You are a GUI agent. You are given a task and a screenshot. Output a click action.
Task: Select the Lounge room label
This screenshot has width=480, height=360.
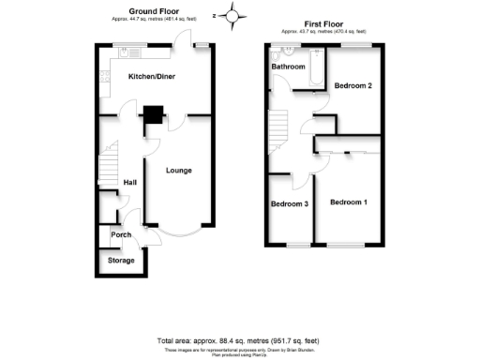click(179, 171)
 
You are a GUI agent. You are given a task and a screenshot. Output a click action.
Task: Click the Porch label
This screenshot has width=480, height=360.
click(121, 234)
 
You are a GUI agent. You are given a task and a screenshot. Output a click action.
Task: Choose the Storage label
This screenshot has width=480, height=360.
click(120, 260)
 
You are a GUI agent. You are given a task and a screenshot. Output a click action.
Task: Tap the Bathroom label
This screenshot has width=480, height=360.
click(288, 67)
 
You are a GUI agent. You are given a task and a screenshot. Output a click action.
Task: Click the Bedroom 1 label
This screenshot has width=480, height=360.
click(349, 202)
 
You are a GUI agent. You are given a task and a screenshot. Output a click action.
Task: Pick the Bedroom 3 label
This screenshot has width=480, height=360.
click(290, 204)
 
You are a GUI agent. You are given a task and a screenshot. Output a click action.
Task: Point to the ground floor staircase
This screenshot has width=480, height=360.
click(109, 165)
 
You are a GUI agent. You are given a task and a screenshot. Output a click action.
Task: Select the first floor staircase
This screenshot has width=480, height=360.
click(277, 127)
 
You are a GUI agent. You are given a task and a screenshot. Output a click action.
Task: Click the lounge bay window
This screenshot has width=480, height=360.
click(177, 232)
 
